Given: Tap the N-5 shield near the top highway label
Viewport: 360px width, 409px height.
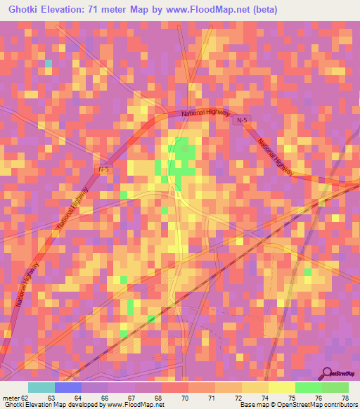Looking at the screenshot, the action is (x=242, y=121).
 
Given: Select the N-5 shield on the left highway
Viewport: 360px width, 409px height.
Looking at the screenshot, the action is (x=103, y=169).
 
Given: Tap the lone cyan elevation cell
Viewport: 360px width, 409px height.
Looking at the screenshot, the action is (x=49, y=63).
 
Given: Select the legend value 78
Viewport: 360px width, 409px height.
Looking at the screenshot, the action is (x=344, y=398).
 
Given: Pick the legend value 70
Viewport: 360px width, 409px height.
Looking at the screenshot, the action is (x=184, y=398).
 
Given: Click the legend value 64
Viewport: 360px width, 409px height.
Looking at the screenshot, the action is (x=77, y=398).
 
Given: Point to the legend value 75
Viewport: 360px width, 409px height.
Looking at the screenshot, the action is (x=290, y=398).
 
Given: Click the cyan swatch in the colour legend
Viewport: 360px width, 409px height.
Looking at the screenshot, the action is (x=41, y=387).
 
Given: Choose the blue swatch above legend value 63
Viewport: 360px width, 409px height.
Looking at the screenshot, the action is (x=67, y=387).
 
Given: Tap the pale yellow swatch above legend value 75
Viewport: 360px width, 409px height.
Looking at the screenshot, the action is (x=281, y=387).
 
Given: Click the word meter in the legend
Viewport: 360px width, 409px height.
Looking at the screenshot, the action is (x=9, y=398).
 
